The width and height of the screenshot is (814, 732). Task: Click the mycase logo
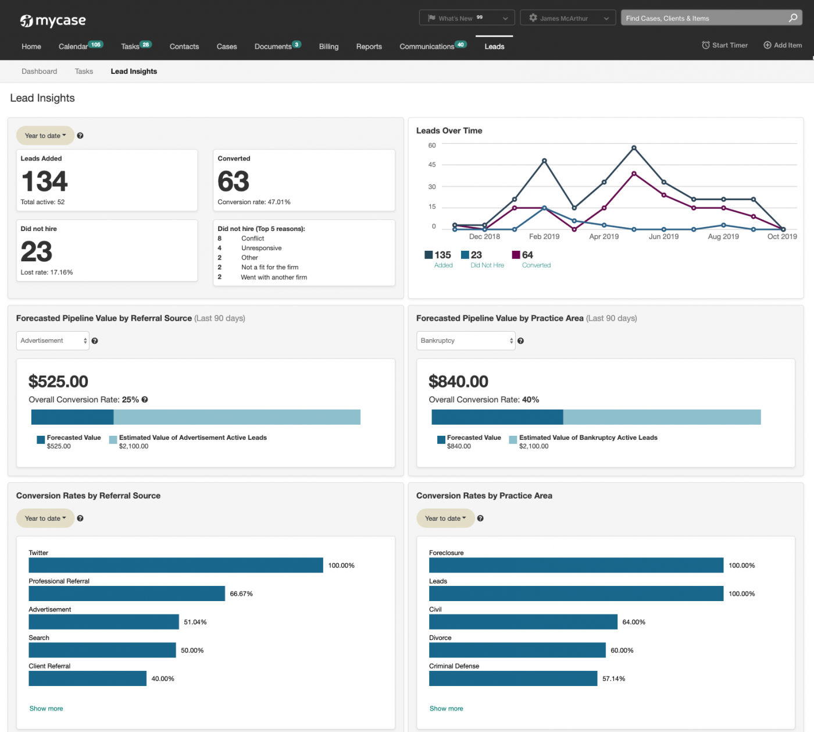53,21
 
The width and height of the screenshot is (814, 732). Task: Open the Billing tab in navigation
329,47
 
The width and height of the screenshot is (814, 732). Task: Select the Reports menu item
369,47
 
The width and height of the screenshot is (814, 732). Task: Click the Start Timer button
724,45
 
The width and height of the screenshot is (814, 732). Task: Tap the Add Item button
783,45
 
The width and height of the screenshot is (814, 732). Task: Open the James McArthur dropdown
567,18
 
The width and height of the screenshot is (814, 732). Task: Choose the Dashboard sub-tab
39,72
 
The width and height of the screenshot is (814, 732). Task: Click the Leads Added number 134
44,181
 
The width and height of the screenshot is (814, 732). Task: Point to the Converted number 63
233,182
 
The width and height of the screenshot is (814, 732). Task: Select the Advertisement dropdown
53,341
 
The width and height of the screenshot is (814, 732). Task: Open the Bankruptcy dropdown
466,341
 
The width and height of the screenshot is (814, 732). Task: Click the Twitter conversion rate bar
176,565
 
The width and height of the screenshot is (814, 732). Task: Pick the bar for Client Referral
87,678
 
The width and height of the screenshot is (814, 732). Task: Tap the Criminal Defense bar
513,678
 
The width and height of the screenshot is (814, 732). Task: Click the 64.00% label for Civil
634,622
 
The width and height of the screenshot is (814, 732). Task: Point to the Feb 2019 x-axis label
544,237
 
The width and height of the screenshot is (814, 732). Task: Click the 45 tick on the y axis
432,165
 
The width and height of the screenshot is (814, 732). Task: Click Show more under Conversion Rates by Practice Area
446,709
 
